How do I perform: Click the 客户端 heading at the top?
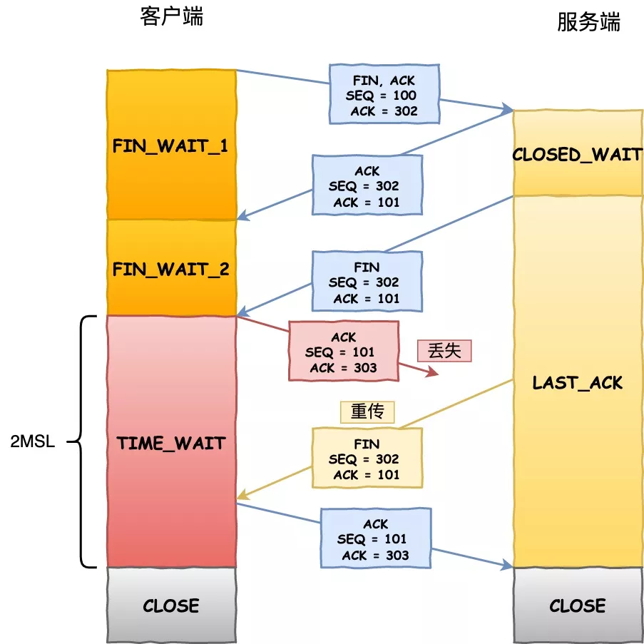pos(171,17)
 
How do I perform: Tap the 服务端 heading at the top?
pos(588,22)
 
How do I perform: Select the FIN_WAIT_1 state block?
pos(171,145)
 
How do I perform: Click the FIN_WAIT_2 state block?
pos(171,269)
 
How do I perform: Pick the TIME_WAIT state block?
pos(171,442)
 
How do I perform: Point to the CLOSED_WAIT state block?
pos(577,154)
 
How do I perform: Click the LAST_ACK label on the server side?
pos(577,383)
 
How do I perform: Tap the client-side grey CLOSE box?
pos(171,605)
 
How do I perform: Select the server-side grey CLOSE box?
pos(577,605)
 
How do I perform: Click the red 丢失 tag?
pos(444,351)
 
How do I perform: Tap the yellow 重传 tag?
pos(367,412)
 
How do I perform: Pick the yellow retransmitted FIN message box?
pos(367,459)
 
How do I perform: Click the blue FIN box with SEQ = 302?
pos(367,282)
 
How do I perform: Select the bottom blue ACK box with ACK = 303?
pos(375,539)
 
